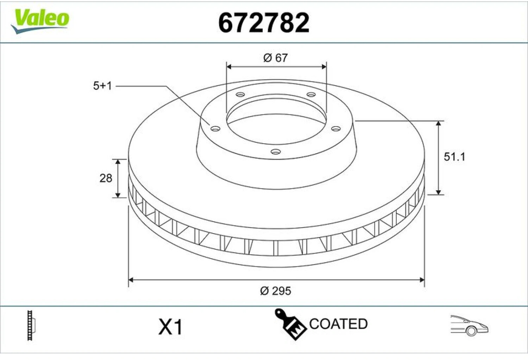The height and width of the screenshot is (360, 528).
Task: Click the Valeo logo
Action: pyautogui.click(x=40, y=21)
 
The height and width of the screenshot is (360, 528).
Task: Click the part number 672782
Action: pyautogui.click(x=264, y=23)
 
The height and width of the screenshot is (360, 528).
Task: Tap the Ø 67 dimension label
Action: pyautogui.click(x=276, y=58)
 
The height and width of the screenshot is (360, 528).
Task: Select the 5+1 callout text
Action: pyautogui.click(x=102, y=86)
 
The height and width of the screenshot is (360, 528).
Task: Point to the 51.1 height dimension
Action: pyautogui.click(x=454, y=157)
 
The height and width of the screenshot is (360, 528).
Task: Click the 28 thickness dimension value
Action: pyautogui.click(x=106, y=178)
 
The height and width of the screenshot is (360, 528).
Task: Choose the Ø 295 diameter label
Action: pyautogui.click(x=276, y=291)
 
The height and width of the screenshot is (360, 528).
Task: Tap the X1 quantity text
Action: pyautogui.click(x=170, y=327)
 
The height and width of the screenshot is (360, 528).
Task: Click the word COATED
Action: pyautogui.click(x=338, y=324)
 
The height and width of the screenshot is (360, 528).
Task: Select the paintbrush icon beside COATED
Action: pyautogui.click(x=290, y=324)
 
